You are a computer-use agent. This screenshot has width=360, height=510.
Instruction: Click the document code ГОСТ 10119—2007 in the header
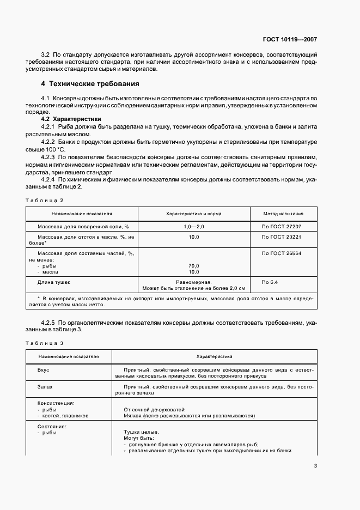289,39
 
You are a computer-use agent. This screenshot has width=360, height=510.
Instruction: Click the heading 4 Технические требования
90,84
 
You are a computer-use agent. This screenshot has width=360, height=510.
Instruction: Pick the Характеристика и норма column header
193,214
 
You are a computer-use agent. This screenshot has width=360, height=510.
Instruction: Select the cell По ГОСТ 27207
282,226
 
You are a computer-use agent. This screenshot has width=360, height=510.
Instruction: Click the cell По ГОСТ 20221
282,237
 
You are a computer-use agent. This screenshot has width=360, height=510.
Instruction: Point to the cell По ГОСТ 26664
282,253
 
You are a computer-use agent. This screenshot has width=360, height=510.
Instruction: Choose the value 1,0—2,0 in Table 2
193,226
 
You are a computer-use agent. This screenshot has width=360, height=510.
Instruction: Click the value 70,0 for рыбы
193,265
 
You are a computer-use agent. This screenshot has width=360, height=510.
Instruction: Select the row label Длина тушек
54,282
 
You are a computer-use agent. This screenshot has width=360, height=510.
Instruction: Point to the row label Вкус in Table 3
43,370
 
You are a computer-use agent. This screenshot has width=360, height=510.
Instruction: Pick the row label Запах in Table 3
45,386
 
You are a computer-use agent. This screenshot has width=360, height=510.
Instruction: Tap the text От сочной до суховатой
155,409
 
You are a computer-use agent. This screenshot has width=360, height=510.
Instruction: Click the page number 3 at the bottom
315,466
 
